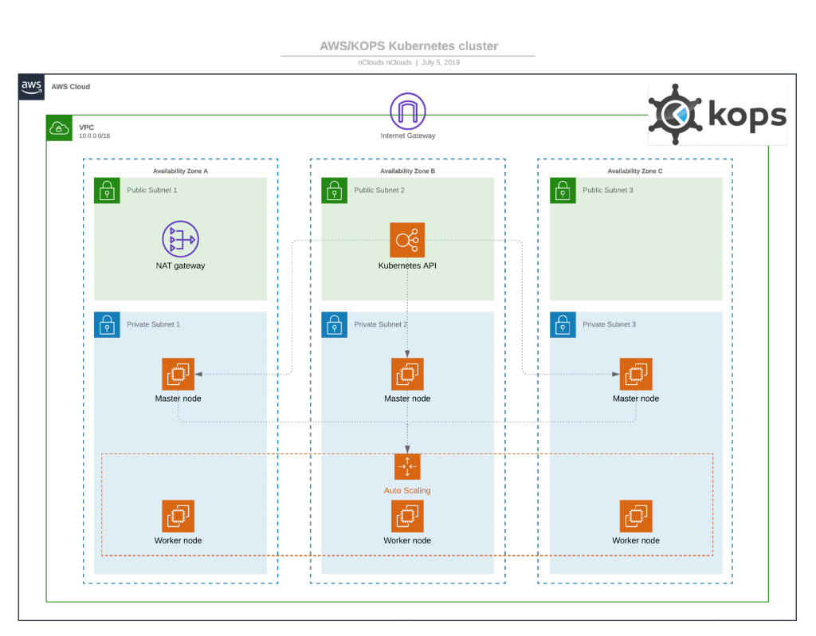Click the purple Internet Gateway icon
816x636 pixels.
click(x=408, y=111)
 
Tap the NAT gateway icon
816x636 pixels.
click(x=180, y=238)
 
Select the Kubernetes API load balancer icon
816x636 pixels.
click(x=407, y=239)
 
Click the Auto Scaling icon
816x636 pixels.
click(x=407, y=466)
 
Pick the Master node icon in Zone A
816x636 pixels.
click(x=178, y=374)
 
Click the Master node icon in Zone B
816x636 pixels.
click(x=407, y=374)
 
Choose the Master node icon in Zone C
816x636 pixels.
click(x=636, y=374)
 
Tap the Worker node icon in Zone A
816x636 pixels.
click(x=178, y=516)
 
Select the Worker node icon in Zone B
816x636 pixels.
click(x=407, y=516)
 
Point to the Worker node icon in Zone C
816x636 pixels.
click(x=636, y=516)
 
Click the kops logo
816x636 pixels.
click(x=717, y=115)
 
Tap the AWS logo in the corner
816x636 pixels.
click(x=32, y=87)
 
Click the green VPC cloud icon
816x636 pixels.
click(x=60, y=128)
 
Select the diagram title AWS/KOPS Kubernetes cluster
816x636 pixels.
click(x=408, y=46)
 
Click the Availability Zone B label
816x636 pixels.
click(x=407, y=171)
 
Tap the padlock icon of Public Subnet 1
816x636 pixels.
click(x=107, y=190)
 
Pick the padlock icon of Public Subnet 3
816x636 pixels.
click(x=563, y=190)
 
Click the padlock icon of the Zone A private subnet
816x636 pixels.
click(x=107, y=324)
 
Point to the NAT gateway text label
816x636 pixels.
click(x=180, y=265)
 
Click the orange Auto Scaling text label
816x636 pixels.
click(x=407, y=490)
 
